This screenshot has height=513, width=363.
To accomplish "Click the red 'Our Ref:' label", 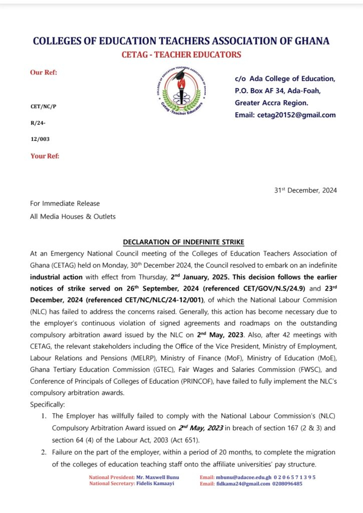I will (44, 72).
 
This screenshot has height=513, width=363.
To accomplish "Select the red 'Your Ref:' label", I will (45, 156).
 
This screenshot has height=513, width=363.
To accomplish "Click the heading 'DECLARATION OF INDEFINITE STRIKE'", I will (181, 242).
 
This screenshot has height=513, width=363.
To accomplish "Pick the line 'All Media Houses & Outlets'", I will (73, 216).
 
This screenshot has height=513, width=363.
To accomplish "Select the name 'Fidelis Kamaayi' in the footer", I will (157, 484).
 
